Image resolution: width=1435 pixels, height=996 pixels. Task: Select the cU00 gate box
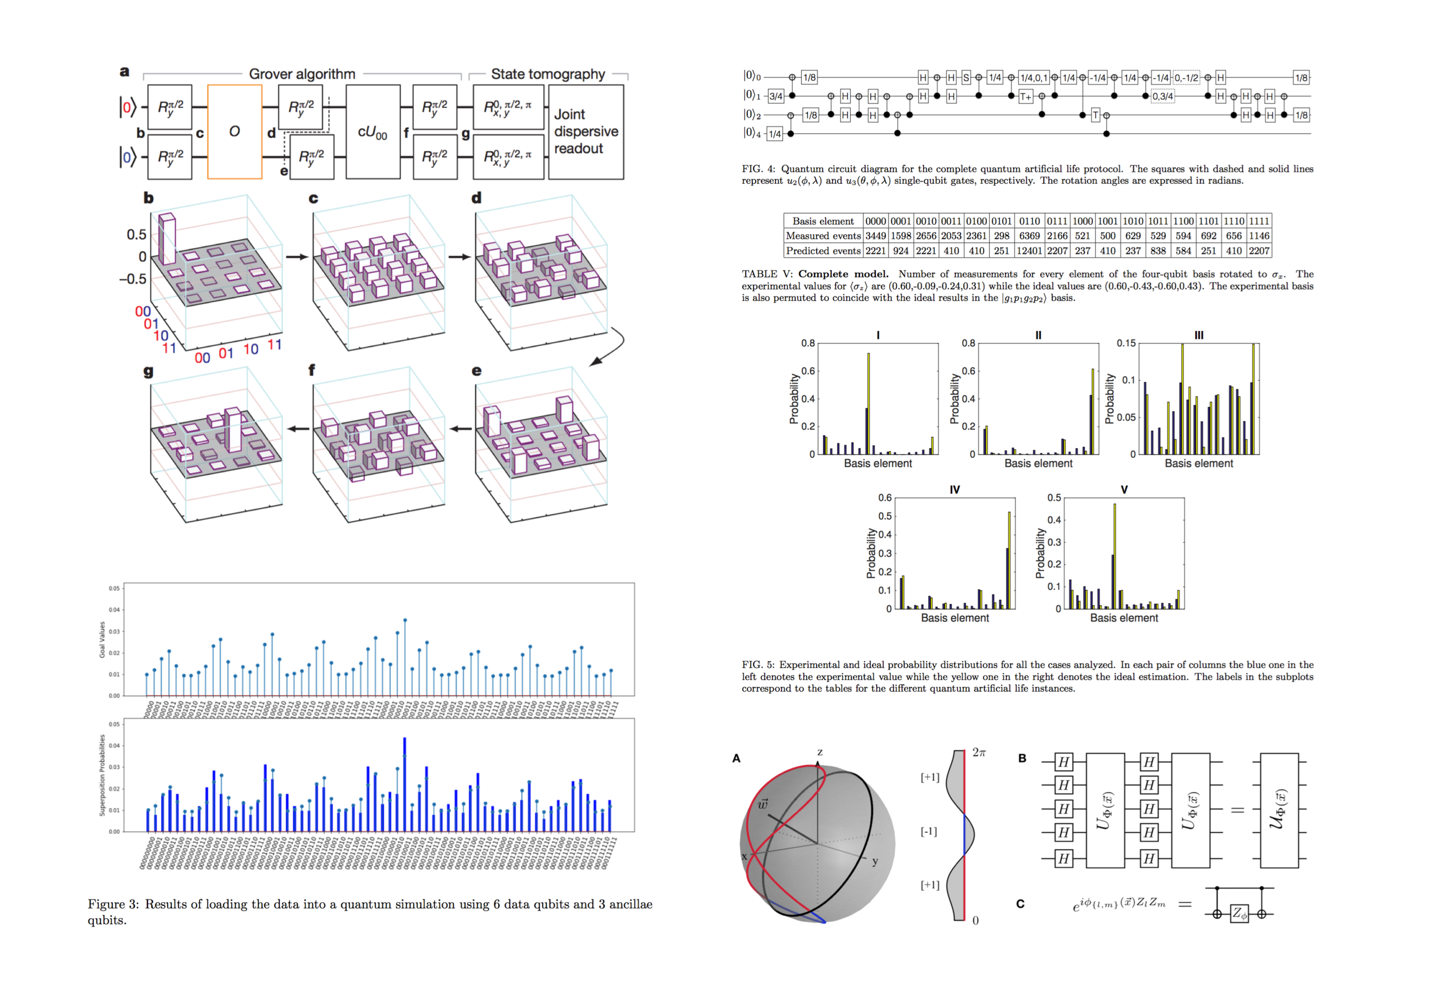pyautogui.click(x=373, y=132)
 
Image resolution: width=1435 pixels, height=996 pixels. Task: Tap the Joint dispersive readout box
pyautogui.click(x=585, y=132)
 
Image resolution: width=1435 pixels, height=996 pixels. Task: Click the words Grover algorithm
pyautogui.click(x=302, y=74)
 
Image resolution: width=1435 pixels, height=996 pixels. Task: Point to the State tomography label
pyautogui.click(x=548, y=74)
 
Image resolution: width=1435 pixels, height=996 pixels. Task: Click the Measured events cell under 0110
pyautogui.click(x=1029, y=236)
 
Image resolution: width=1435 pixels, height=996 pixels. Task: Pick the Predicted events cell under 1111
pyautogui.click(x=1259, y=251)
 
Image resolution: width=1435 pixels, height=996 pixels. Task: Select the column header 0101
pyautogui.click(x=1001, y=221)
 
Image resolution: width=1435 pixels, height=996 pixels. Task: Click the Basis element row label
pyautogui.click(x=823, y=221)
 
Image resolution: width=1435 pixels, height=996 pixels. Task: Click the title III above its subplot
pyautogui.click(x=1198, y=335)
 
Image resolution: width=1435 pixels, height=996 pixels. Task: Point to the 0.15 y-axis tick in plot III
pyautogui.click(x=1126, y=343)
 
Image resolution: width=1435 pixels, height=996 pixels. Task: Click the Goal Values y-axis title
pyautogui.click(x=102, y=639)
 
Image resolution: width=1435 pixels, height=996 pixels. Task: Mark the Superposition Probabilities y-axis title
pyautogui.click(x=102, y=774)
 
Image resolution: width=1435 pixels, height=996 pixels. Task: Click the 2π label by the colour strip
pyautogui.click(x=979, y=752)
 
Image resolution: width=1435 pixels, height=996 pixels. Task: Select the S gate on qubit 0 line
pyautogui.click(x=965, y=78)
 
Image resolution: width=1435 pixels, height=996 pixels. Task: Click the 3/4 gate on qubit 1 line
pyautogui.click(x=775, y=96)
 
